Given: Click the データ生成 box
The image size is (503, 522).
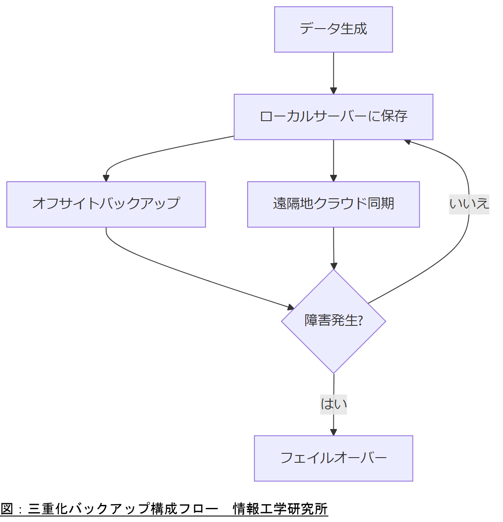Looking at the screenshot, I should (333, 29).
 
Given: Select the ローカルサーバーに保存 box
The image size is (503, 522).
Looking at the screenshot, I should (333, 117).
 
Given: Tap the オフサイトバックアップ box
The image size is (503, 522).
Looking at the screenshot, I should (106, 204).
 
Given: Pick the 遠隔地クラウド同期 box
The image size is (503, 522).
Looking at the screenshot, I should (333, 204).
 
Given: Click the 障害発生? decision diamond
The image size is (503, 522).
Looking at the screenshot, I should (333, 321).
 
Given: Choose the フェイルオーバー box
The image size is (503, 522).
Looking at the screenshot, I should (333, 458).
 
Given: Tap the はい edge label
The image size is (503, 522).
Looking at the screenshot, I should (333, 404).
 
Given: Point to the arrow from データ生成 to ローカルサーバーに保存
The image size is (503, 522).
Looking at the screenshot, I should (333, 72).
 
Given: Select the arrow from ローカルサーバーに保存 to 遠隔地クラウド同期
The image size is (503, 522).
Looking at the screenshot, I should (333, 160).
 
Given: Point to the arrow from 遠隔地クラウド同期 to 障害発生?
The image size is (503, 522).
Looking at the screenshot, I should (333, 247).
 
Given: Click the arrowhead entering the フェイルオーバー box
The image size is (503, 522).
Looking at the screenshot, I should (333, 432).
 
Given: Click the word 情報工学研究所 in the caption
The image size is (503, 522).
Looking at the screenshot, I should (280, 509).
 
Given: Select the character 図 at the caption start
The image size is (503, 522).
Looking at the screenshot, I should (7, 509).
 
